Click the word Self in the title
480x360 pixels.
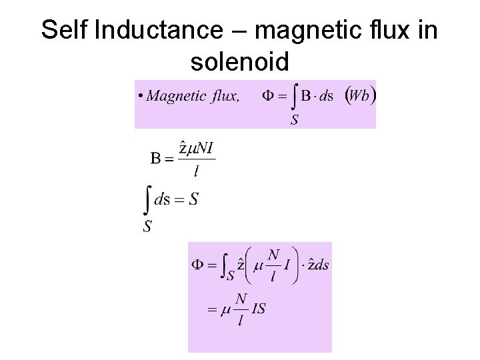pyautogui.click(x=62, y=30)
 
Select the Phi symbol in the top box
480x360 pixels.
pyautogui.click(x=267, y=95)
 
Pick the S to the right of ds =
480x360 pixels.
pyautogui.click(x=193, y=199)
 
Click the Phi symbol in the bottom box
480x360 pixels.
pyautogui.click(x=197, y=264)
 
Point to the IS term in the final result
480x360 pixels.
pyautogui.click(x=257, y=309)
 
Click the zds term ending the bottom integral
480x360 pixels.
pyautogui.click(x=316, y=265)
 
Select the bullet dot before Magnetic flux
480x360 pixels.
pyautogui.click(x=140, y=97)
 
